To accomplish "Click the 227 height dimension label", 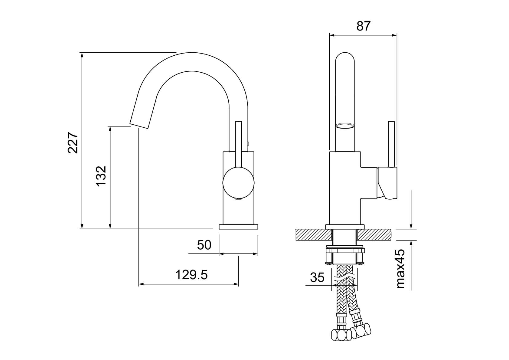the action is (73, 143).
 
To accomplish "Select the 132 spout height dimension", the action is (101, 176).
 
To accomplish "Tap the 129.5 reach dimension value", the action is (191, 275).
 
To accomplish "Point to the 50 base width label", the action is (204, 245).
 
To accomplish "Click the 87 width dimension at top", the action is (363, 26).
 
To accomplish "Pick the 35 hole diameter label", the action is (317, 277).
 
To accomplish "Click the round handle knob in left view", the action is (238, 183).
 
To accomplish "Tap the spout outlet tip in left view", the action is (139, 126).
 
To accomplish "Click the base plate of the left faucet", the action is (238, 227).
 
